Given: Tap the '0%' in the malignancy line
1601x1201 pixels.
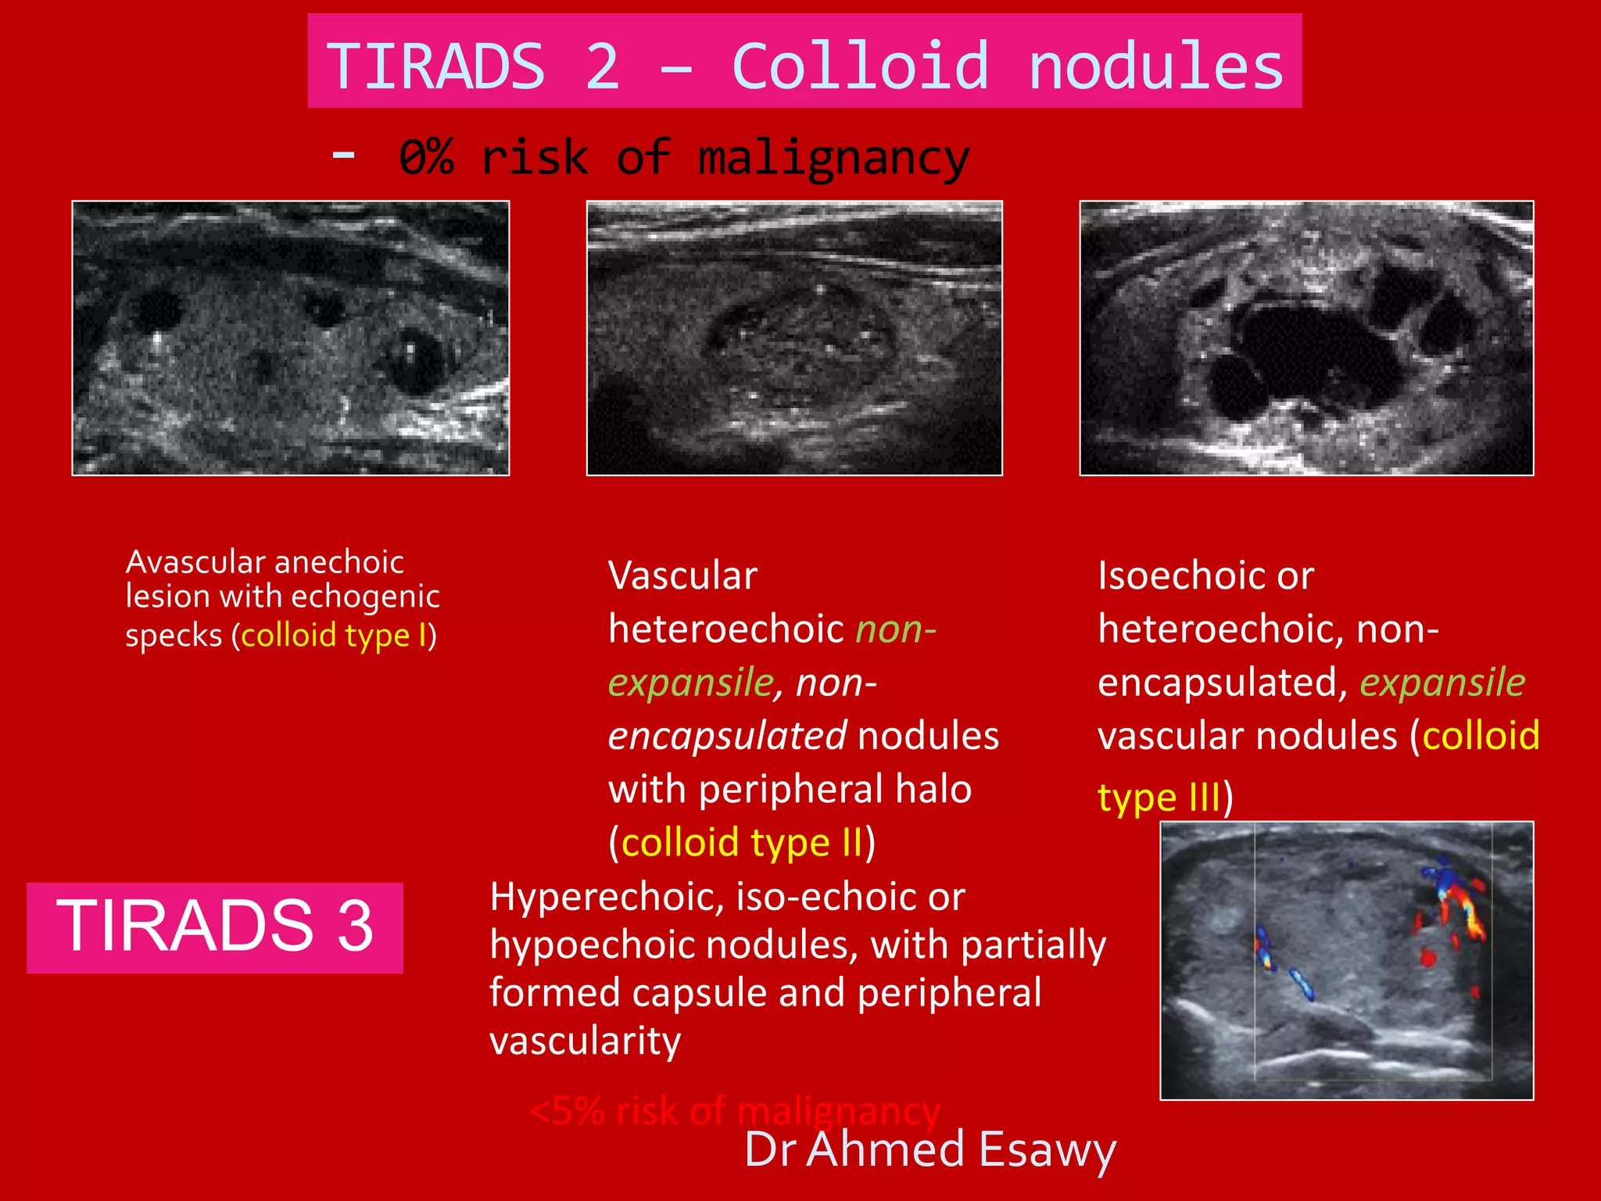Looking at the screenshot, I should click(425, 157).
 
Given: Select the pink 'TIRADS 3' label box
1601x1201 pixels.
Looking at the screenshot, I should click(215, 927).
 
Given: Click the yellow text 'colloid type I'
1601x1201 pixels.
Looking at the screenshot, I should click(335, 635).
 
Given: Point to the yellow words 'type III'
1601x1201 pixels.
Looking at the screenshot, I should click(1159, 798).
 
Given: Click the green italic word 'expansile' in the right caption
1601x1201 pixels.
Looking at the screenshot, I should click(1442, 682).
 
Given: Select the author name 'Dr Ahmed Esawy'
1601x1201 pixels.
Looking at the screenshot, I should click(929, 1149).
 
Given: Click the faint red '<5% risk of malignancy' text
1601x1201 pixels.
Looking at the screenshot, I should click(734, 1111).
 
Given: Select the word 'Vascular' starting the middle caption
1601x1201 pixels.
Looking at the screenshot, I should click(682, 575).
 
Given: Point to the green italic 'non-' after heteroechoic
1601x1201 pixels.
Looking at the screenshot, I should click(895, 629).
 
